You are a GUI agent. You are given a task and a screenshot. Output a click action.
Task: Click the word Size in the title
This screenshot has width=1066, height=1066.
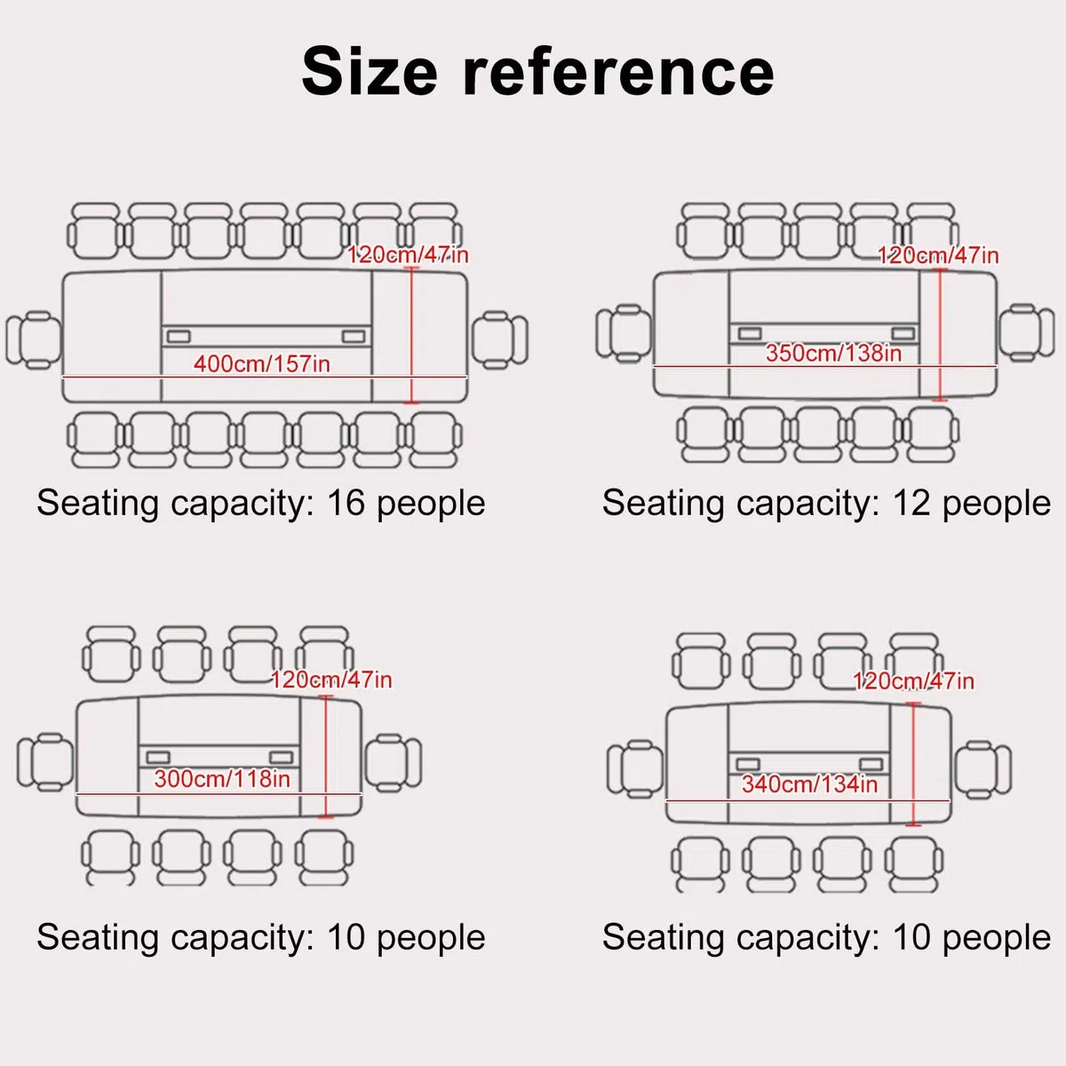[x=370, y=72]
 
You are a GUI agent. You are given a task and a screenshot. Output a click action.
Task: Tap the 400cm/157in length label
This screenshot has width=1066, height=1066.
[x=262, y=364]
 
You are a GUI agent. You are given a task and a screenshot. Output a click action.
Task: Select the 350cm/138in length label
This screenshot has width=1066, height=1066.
[x=833, y=353]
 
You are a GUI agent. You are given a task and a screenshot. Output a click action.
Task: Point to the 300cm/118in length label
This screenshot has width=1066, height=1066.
[x=222, y=779]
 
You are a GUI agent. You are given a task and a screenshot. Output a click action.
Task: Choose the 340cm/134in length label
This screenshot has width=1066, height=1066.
[x=810, y=784]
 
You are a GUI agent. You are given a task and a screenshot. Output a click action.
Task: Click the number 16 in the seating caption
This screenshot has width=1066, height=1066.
[x=346, y=503]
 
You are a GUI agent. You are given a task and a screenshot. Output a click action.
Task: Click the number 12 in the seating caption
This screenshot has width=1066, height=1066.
[x=911, y=503]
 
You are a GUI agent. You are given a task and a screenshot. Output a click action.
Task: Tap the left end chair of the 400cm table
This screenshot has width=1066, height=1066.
[x=33, y=339]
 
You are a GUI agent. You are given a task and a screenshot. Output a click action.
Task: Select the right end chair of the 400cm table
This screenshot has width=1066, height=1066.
[x=500, y=339]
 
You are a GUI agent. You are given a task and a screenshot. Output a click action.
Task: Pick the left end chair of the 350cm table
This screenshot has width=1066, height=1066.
[x=624, y=334]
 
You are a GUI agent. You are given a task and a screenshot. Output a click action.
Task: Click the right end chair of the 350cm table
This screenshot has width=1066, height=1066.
[x=1027, y=333]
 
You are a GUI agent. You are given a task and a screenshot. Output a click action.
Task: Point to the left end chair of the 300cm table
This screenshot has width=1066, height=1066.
[x=44, y=762]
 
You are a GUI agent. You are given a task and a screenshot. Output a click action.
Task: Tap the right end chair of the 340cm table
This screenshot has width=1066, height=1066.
[x=983, y=770]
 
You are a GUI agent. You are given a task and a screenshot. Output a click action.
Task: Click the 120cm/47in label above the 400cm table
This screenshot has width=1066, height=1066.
[x=408, y=255]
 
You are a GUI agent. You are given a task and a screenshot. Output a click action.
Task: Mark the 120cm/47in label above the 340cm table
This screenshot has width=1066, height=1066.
[x=913, y=681]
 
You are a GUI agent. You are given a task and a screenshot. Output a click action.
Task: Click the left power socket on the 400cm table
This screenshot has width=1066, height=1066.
[x=179, y=337]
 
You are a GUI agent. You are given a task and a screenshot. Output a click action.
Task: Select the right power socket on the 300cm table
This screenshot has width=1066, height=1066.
[x=281, y=757]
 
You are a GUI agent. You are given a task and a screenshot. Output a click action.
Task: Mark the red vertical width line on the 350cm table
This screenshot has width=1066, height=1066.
[x=940, y=335]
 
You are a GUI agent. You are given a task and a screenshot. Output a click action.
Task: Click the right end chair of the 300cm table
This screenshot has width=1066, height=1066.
[x=394, y=763]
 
